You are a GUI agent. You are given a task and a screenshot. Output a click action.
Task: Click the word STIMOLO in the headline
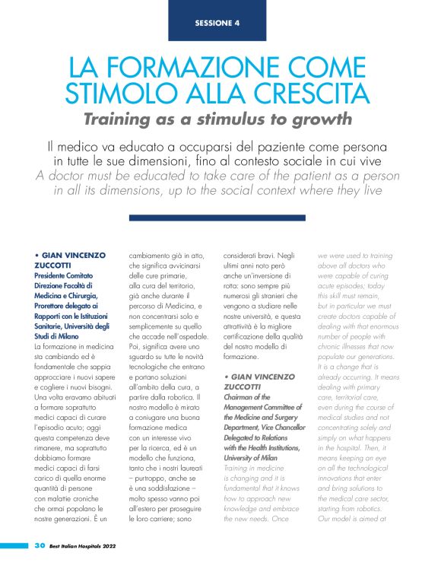[112, 93]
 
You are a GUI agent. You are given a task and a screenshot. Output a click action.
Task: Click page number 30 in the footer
[40, 546]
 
